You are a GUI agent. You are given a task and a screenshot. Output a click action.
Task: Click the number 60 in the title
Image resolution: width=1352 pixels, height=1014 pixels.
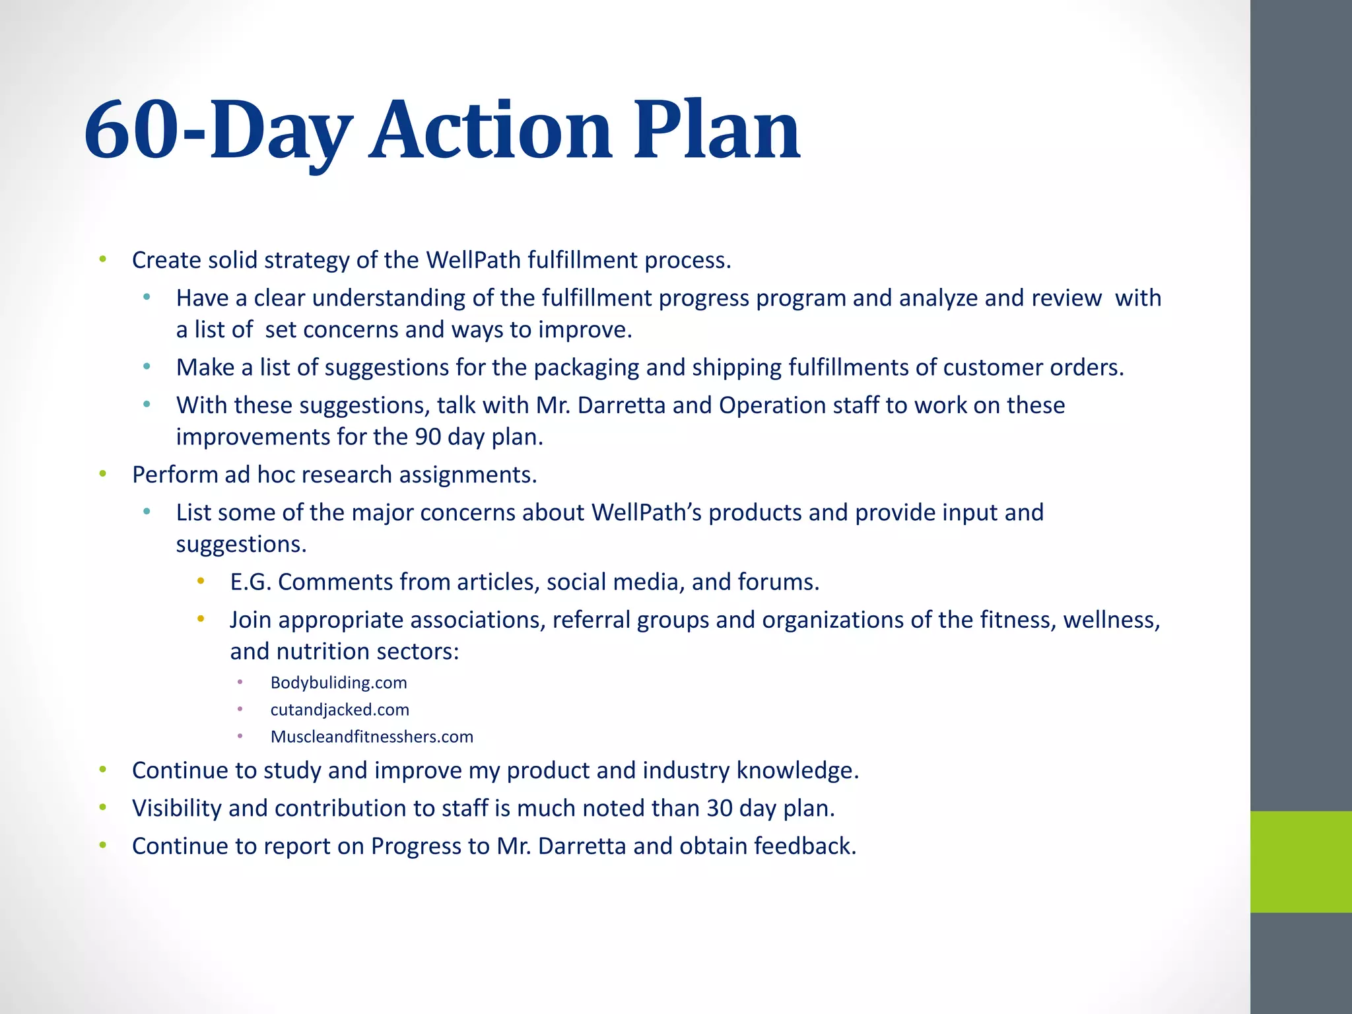(x=132, y=129)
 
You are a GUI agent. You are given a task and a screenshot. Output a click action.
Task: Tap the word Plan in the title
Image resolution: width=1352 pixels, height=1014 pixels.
(x=716, y=129)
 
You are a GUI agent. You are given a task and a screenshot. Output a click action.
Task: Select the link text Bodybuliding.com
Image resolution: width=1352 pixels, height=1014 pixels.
(x=339, y=683)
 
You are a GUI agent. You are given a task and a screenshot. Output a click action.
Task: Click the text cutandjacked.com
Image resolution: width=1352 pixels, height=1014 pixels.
(x=340, y=710)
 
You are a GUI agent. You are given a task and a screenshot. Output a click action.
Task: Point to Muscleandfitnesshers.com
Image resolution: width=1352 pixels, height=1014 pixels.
(x=372, y=737)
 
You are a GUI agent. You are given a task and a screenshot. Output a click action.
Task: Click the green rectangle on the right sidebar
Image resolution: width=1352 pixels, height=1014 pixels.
(x=1301, y=862)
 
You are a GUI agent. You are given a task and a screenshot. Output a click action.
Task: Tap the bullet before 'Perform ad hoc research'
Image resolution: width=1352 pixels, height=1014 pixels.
(x=102, y=474)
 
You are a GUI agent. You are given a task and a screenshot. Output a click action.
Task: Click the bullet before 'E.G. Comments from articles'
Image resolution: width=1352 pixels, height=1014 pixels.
(x=201, y=581)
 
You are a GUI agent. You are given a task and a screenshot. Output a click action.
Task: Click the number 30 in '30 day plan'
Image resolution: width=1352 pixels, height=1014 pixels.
(x=720, y=808)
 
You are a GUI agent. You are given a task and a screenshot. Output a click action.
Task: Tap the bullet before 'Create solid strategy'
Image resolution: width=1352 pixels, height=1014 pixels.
(x=102, y=259)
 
